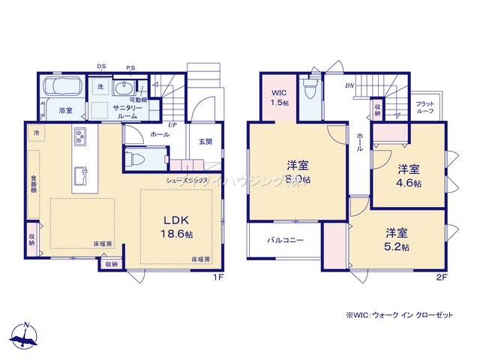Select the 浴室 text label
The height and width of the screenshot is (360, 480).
[65, 110]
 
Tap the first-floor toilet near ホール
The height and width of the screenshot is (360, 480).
[136, 160]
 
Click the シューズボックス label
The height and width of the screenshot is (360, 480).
[187, 181]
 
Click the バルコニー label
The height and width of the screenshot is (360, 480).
[286, 241]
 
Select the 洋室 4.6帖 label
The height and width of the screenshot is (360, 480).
[409, 175]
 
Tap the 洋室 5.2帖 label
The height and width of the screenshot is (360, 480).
[397, 239]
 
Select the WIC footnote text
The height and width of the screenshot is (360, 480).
[399, 316]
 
